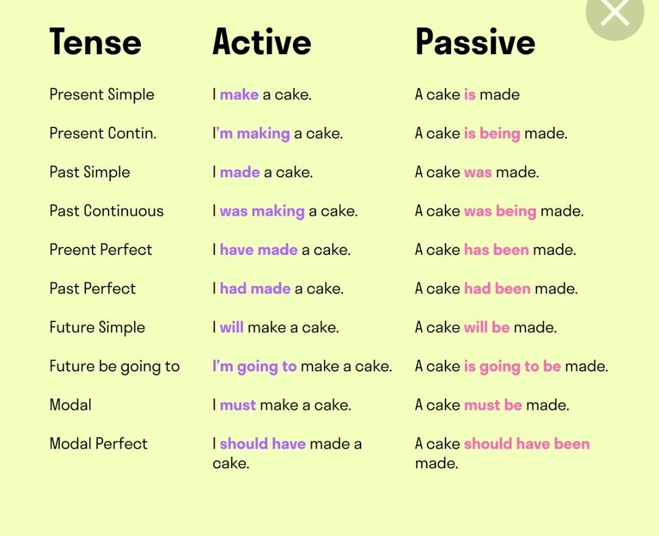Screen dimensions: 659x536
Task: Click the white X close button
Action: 614,13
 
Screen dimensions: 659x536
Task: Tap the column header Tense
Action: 95,41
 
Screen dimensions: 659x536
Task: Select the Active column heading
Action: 262,41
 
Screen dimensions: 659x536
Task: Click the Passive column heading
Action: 475,41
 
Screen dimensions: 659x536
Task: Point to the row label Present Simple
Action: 102,95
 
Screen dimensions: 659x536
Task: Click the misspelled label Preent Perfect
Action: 101,249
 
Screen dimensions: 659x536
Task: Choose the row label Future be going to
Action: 114,366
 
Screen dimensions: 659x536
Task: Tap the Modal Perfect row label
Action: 98,443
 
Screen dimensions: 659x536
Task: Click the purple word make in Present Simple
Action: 239,95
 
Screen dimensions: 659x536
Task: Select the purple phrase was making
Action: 262,212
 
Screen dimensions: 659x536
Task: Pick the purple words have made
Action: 259,249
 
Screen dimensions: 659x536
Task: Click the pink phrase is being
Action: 492,134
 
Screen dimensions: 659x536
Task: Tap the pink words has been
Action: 496,249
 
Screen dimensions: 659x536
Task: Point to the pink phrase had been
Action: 497,288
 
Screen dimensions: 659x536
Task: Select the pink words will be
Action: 487,327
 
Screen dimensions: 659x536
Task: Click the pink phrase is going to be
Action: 513,366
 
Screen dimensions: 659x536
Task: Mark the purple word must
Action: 237,405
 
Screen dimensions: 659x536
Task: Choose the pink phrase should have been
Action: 527,443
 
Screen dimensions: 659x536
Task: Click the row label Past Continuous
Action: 106,211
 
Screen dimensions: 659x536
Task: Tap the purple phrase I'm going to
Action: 254,366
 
